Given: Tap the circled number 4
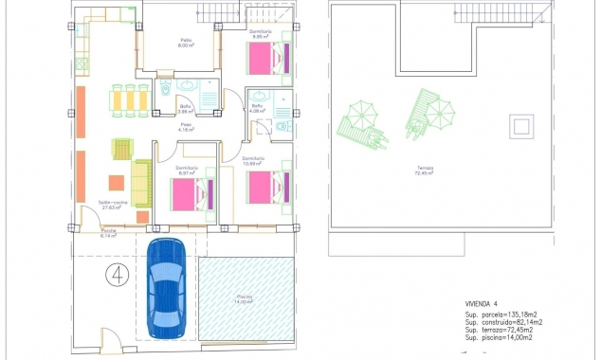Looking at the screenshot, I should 118,276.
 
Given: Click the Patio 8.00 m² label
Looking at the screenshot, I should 187,44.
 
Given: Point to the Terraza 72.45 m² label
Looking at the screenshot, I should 426,171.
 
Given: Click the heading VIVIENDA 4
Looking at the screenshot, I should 484,304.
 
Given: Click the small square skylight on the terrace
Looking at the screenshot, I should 520,125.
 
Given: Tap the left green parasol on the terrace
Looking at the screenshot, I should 362,117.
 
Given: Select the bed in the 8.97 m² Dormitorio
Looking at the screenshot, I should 191,195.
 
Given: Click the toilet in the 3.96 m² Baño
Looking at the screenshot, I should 165,91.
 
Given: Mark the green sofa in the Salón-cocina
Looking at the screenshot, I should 141,183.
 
